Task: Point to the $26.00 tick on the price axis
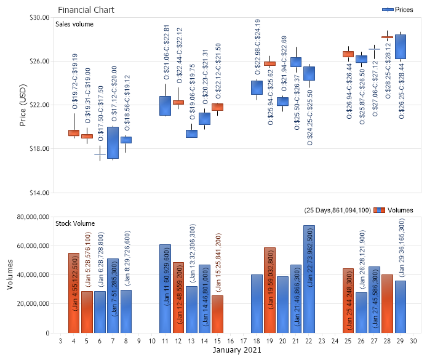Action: [x=39, y=61]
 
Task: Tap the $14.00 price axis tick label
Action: [x=39, y=193]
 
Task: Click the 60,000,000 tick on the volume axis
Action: [x=31, y=246]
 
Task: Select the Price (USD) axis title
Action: [x=23, y=105]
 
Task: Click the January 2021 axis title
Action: [x=237, y=350]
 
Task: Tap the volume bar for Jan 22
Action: [x=309, y=279]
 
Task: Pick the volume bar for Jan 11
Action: [x=165, y=289]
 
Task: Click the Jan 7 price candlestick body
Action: [x=113, y=143]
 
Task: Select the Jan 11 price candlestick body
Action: [x=165, y=105]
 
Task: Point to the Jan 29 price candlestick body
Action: [x=401, y=47]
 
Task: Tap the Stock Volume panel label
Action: [x=76, y=223]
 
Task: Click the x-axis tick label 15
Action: [x=217, y=340]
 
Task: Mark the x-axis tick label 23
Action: [x=322, y=340]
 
